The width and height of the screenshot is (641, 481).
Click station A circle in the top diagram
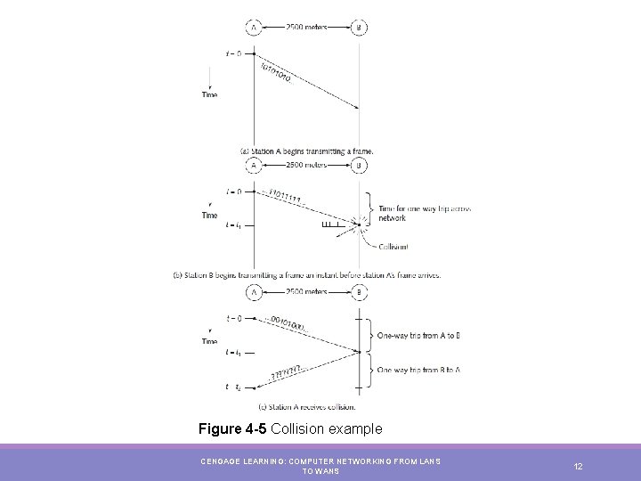pyautogui.click(x=255, y=28)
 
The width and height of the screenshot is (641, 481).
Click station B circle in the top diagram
pyautogui.click(x=360, y=28)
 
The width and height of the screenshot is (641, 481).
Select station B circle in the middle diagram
pyautogui.click(x=360, y=166)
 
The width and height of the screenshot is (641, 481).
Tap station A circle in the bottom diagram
pyautogui.click(x=255, y=291)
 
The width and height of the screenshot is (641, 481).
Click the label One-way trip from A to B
pyautogui.click(x=418, y=335)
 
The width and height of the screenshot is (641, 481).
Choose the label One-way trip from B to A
pyautogui.click(x=418, y=369)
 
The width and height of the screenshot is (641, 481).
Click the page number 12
pyautogui.click(x=578, y=466)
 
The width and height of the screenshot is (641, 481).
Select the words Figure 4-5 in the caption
pyautogui.click(x=233, y=429)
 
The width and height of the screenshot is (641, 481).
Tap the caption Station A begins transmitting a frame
pyautogui.click(x=306, y=151)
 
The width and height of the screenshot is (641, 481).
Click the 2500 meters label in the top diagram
pyautogui.click(x=306, y=28)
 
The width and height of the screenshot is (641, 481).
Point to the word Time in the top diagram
pyautogui.click(x=209, y=94)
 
